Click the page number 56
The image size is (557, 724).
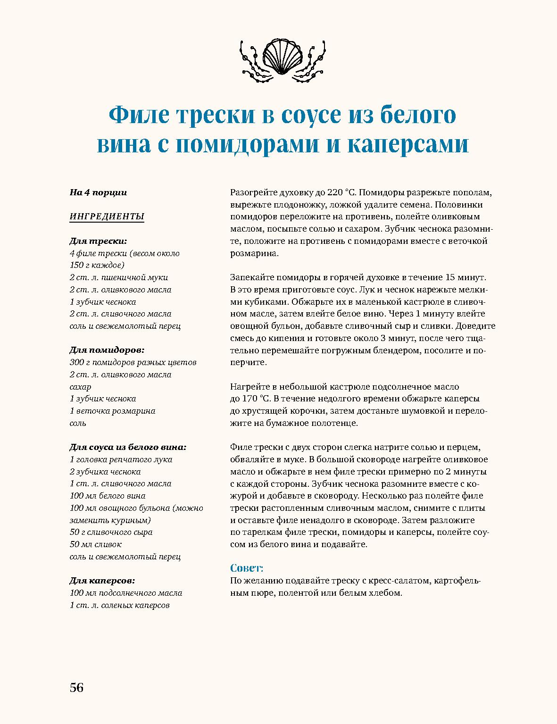point(76,687)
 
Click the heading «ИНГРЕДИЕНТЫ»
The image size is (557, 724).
point(107,216)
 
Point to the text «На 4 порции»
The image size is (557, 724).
point(98,192)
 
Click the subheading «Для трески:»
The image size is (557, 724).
point(98,241)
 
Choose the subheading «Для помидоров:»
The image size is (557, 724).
point(107,350)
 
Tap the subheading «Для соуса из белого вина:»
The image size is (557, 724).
point(128,447)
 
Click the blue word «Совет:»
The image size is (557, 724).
point(247,567)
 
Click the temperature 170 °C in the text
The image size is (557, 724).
point(255,399)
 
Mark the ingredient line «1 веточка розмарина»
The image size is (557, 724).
point(112,411)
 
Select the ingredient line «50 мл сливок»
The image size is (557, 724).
point(96,544)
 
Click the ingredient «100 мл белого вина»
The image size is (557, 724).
point(108,496)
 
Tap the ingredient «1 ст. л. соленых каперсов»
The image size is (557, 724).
point(120,605)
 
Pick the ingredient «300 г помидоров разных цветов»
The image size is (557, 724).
point(133,362)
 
